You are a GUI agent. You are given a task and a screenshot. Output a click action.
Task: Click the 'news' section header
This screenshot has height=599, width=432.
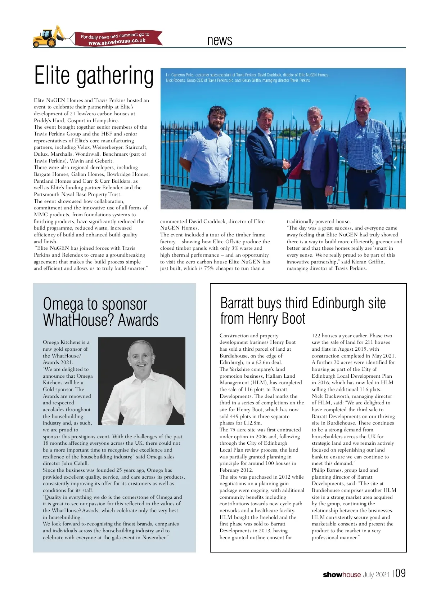click(220, 40)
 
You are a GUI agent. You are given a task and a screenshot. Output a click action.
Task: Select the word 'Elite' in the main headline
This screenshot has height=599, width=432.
click(52, 76)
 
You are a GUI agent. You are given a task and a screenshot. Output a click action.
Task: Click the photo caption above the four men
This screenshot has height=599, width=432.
click(247, 77)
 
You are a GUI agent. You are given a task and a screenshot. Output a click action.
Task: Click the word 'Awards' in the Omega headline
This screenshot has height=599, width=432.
click(138, 320)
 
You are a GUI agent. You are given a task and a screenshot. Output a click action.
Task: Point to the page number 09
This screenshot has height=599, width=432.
click(401, 573)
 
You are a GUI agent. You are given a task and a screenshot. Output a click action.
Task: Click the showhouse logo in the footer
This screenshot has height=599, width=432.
click(342, 574)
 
